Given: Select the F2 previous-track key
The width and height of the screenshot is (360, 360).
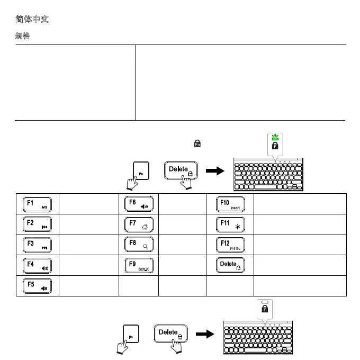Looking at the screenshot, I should coord(38,223).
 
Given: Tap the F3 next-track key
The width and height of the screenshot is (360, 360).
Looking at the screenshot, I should coord(38,244).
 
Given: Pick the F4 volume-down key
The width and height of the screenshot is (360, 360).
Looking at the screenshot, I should coord(38,264).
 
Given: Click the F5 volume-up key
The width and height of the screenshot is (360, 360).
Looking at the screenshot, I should coord(38,285).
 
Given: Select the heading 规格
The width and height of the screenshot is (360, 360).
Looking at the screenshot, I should coord(22,37).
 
